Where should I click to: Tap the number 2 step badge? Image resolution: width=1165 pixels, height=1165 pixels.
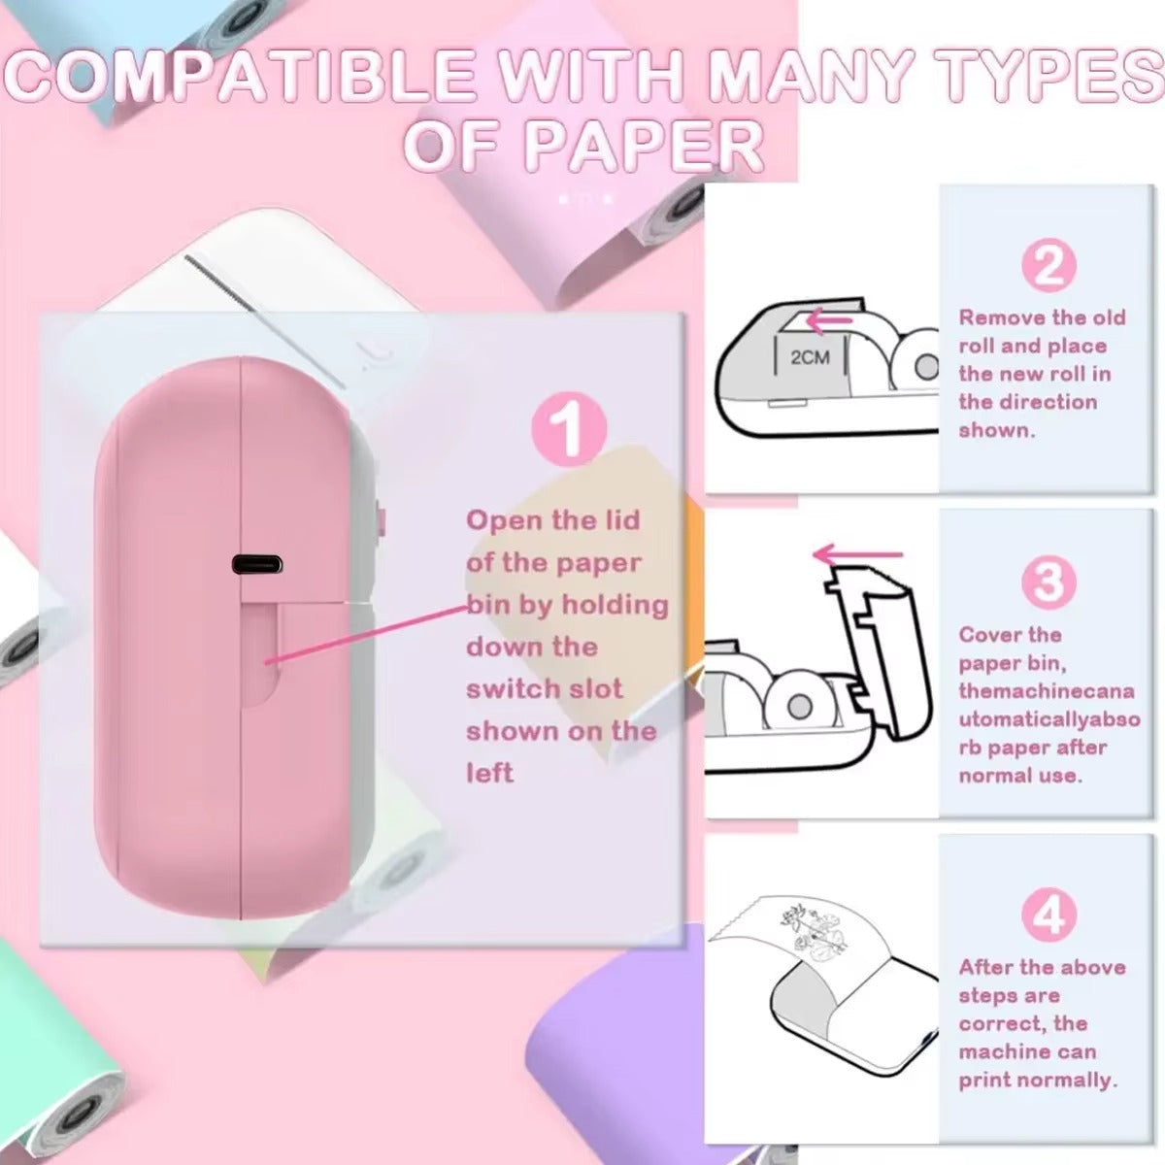click(1048, 266)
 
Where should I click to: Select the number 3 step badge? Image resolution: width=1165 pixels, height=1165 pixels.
click(1048, 582)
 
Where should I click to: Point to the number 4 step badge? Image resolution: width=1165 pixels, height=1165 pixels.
click(1048, 915)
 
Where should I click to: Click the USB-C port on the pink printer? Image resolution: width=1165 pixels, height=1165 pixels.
click(256, 564)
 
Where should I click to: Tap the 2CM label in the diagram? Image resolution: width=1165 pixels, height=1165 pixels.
click(810, 357)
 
